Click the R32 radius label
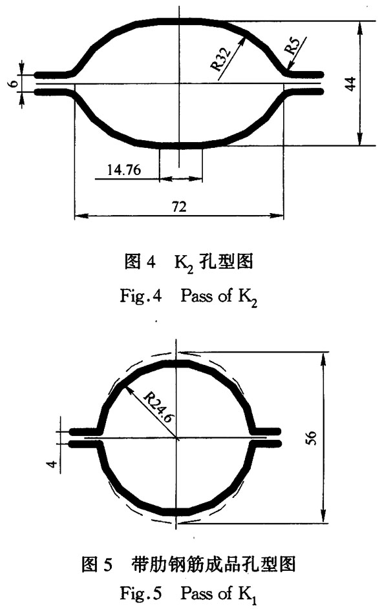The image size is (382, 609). coord(220,57)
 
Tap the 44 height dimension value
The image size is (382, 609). coord(350,83)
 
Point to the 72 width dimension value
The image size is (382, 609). coord(179,206)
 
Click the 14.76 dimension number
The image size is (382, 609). coord(124,170)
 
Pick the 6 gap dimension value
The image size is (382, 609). coord(14,83)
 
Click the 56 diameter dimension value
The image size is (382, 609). coord(312,438)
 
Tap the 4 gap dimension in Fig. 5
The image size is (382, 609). coord(54,463)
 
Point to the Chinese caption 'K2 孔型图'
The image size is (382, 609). coord(213,262)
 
